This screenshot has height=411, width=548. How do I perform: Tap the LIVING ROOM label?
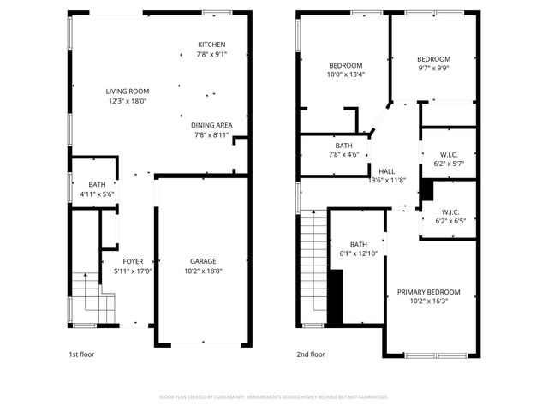tap(127, 92)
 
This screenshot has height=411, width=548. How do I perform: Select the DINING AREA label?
tap(211, 125)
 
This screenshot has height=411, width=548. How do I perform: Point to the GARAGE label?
tap(203, 261)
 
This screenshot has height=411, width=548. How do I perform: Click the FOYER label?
tap(133, 261)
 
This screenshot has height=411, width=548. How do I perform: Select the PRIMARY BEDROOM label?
tap(428, 292)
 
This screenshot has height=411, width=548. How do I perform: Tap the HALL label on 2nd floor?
tap(387, 170)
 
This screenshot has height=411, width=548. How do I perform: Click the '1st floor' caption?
tap(83, 354)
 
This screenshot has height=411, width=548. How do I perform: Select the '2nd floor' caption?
tap(311, 354)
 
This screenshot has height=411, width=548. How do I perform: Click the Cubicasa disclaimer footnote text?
tap(274, 397)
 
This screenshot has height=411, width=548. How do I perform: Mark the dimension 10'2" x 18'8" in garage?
tap(203, 271)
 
